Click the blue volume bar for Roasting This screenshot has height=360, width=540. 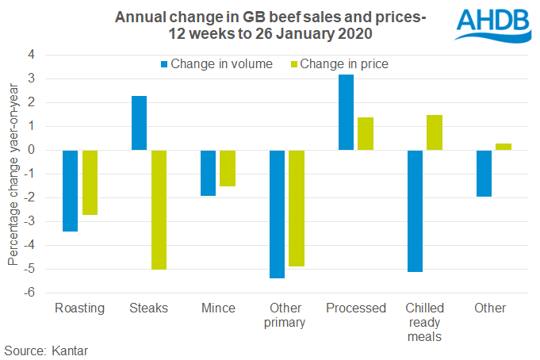71,190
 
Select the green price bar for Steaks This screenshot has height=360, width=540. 159,209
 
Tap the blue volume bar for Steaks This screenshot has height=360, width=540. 140,123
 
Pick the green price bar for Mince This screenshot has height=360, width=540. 228,168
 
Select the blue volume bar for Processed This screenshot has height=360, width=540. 347,112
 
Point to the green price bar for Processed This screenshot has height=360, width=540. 366,133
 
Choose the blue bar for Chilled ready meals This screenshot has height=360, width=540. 416,211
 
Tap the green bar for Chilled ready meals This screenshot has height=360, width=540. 435,132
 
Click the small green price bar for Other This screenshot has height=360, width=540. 504,147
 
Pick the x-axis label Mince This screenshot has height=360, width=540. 218,308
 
